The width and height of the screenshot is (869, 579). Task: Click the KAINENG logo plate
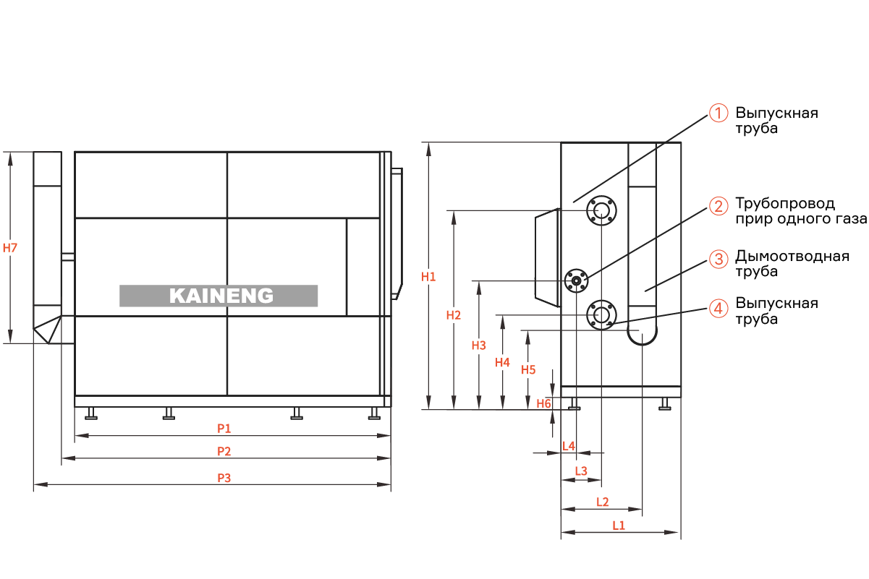tap(219, 296)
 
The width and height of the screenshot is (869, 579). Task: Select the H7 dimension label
tap(10, 248)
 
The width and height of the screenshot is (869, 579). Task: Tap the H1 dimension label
tap(428, 277)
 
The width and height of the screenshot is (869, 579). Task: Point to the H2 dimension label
tap(454, 315)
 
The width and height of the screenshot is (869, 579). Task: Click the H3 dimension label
tap(479, 346)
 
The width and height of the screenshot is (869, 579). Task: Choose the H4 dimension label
tap(502, 362)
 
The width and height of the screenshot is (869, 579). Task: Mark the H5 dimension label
tap(528, 369)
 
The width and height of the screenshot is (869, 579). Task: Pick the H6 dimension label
tap(543, 403)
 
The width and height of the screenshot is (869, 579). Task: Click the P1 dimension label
tap(224, 428)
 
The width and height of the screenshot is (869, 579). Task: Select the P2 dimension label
tap(224, 451)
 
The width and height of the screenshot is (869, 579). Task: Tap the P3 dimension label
tap(224, 478)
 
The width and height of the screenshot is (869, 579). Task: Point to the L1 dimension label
tap(619, 526)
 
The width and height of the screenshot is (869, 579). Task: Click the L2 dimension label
tap(603, 502)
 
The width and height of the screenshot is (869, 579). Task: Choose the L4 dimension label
tap(568, 446)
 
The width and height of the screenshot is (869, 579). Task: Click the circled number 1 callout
tap(718, 113)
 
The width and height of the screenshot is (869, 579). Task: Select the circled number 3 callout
tap(718, 260)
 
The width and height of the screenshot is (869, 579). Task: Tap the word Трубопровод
tap(785, 204)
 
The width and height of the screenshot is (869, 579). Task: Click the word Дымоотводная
tap(792, 256)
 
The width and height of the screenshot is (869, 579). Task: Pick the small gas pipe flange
tap(577, 280)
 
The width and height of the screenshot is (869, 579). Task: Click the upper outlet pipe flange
tap(602, 210)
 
